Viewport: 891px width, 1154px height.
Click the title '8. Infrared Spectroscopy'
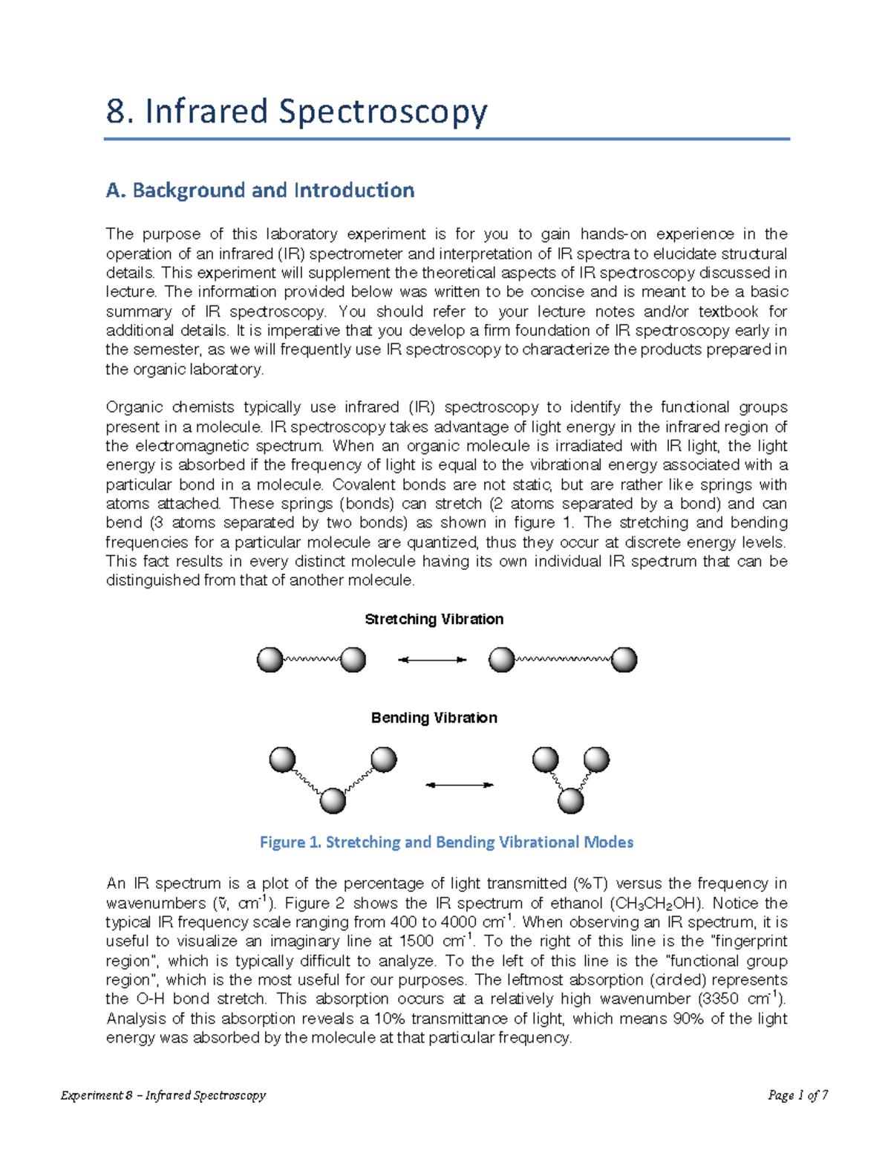(x=296, y=112)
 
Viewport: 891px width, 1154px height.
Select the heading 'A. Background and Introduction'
(x=260, y=191)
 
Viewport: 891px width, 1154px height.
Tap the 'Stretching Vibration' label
(x=434, y=620)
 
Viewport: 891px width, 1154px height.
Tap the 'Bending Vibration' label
(x=434, y=718)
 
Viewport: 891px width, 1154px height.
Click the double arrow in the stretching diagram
(x=432, y=660)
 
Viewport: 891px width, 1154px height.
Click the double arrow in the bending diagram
(x=459, y=785)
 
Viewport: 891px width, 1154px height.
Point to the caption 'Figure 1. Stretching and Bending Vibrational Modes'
(x=446, y=842)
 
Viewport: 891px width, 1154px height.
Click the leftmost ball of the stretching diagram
(x=270, y=660)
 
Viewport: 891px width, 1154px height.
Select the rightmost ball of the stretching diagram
(x=624, y=660)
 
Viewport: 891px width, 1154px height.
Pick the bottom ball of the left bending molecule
(x=333, y=801)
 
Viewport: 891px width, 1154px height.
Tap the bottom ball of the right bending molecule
(x=570, y=801)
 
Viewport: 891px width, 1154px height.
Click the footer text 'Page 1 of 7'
(x=798, y=1095)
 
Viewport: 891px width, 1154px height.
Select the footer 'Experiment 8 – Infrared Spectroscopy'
(x=163, y=1095)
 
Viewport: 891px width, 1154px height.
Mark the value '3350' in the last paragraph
(x=719, y=999)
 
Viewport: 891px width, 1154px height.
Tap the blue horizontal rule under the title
(x=446, y=139)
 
